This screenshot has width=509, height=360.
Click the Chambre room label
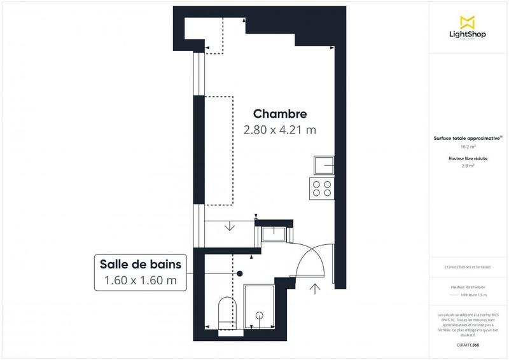pyautogui.click(x=280, y=114)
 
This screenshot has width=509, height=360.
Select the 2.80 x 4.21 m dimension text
pyautogui.click(x=280, y=130)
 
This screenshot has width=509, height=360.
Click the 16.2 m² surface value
pyautogui.click(x=468, y=147)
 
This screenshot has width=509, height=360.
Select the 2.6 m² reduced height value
pyautogui.click(x=468, y=166)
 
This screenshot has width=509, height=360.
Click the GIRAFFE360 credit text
pyautogui.click(x=468, y=343)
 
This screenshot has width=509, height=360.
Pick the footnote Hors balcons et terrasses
pyautogui.click(x=468, y=267)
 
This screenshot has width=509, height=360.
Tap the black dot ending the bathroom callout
pyautogui.click(x=240, y=273)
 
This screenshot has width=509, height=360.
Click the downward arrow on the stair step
pyautogui.click(x=229, y=226)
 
